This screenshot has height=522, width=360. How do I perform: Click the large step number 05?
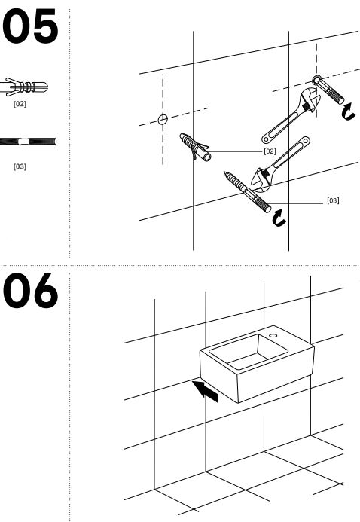(30, 26)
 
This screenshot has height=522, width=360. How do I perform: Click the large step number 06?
(30, 290)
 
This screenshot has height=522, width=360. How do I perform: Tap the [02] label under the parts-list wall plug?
(20, 104)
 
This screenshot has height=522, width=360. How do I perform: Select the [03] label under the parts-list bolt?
(20, 166)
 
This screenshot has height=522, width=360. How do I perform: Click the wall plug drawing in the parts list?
(24, 87)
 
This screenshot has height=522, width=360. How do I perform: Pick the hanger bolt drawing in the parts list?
(28, 142)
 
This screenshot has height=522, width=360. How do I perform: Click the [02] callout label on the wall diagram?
(270, 151)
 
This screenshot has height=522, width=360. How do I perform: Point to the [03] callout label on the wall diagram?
(333, 200)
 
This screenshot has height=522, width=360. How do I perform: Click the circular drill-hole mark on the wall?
(163, 119)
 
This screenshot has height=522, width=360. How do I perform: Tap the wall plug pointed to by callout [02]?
(195, 147)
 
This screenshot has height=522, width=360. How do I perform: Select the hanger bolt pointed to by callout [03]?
(247, 192)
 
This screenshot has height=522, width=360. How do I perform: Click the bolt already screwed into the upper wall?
(328, 90)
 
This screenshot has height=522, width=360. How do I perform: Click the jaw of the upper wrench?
(310, 99)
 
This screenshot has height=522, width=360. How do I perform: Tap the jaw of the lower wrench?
(262, 181)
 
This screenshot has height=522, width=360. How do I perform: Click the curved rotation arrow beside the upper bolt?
(349, 111)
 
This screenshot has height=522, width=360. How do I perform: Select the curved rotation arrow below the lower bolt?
(279, 218)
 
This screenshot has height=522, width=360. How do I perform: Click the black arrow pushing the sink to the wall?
(206, 391)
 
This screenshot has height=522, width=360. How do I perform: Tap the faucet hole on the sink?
(273, 336)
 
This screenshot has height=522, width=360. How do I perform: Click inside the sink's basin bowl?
(249, 352)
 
